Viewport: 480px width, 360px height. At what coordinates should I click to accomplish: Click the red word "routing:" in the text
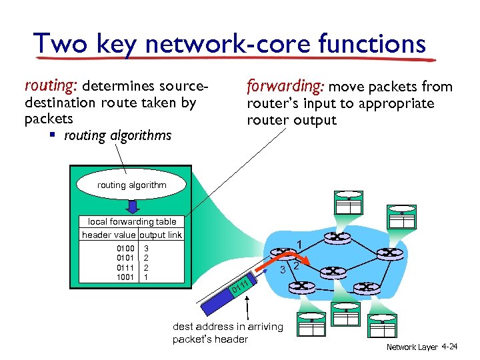coord(51,86)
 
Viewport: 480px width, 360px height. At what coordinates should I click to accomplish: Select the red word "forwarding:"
coord(285,86)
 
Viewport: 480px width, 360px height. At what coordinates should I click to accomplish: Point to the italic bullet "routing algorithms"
coord(117,136)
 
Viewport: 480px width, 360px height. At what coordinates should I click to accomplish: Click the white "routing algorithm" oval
coord(131,185)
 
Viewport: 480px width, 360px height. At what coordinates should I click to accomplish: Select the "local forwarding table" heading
coord(132,221)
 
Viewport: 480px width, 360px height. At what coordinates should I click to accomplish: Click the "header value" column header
coord(109,234)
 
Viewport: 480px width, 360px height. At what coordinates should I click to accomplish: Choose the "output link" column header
coord(161,234)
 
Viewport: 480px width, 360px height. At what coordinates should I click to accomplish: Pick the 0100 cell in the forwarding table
coord(125,248)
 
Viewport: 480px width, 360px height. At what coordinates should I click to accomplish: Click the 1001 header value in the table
coord(125,277)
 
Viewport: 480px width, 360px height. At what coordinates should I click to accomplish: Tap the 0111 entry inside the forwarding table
coord(125,267)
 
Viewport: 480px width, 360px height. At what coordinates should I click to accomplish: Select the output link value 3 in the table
coord(147,248)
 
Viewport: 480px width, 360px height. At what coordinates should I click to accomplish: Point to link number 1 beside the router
coord(301,244)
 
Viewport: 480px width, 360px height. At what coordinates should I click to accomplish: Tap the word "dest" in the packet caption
coord(183,327)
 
